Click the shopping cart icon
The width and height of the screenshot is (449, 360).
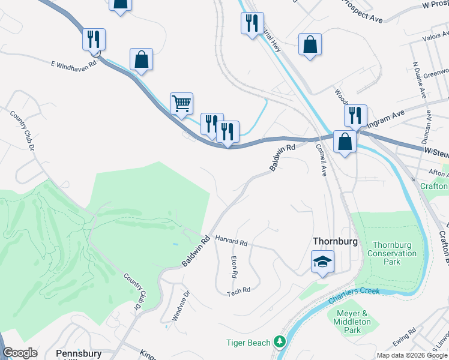pos(181,103)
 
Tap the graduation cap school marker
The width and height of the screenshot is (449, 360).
pos(322,262)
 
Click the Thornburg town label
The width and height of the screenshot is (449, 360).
pos(336,241)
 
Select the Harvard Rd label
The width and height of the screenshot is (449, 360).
pos(231,240)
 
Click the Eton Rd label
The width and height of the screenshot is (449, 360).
pos(234,266)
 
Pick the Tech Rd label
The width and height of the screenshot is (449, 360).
pos(238,292)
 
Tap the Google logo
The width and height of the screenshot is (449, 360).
pos(20,353)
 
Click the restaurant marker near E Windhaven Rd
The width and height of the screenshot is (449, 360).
pos(94,39)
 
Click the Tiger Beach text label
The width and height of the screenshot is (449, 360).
pos(246,342)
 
